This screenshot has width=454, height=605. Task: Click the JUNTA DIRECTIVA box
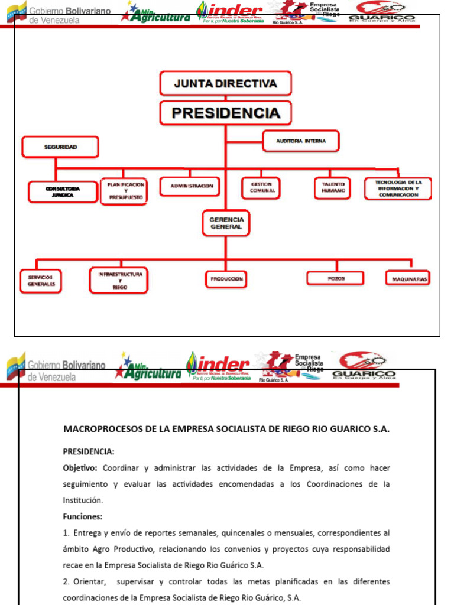[225, 83]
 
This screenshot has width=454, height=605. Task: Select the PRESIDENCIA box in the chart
[225, 112]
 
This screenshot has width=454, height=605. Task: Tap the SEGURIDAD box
[60, 147]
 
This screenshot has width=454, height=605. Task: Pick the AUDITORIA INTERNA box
[301, 141]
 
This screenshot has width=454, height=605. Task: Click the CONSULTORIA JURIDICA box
[63, 191]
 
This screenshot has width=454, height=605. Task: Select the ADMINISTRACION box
[192, 186]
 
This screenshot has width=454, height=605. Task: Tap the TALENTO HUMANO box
[333, 188]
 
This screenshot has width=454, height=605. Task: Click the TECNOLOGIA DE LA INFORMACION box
[398, 188]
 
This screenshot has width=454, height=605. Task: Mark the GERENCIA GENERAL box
[226, 223]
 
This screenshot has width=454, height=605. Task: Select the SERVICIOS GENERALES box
[41, 281]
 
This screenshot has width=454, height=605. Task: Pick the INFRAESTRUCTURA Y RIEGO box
[119, 281]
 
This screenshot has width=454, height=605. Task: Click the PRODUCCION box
[226, 279]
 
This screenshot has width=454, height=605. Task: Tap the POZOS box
[336, 278]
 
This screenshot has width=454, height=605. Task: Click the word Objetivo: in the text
[80, 468]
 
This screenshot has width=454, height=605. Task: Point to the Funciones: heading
[83, 516]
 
